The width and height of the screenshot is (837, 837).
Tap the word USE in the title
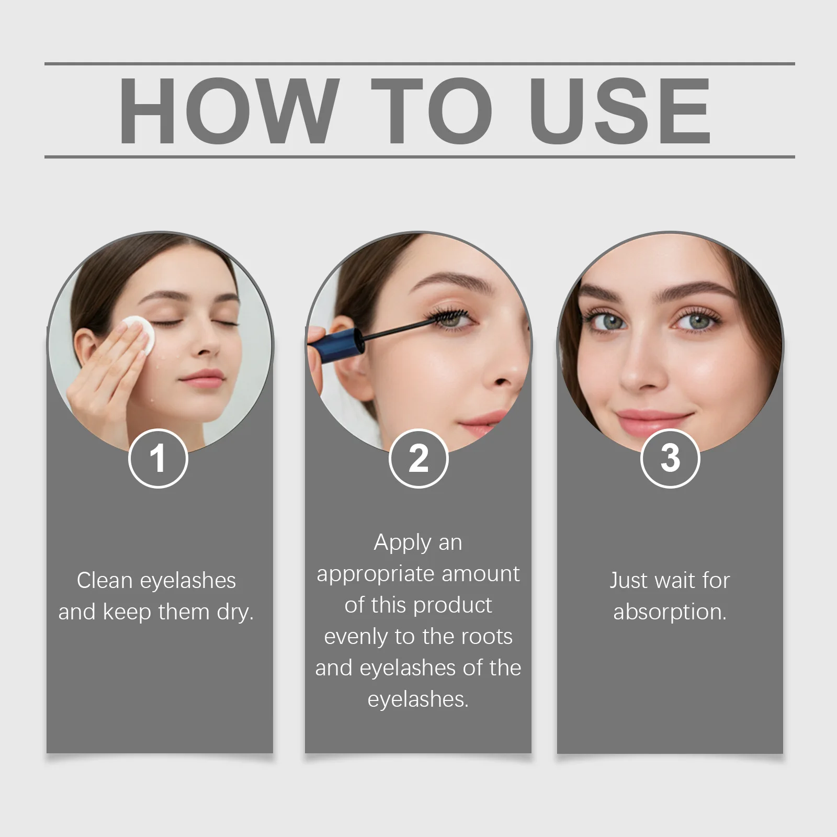[619, 110]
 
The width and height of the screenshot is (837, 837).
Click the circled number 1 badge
[158, 458]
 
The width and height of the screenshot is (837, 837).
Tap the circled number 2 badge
[418, 458]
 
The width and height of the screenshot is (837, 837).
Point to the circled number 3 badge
[670, 458]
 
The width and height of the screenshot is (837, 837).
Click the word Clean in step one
[104, 580]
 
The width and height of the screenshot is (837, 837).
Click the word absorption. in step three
[670, 612]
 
